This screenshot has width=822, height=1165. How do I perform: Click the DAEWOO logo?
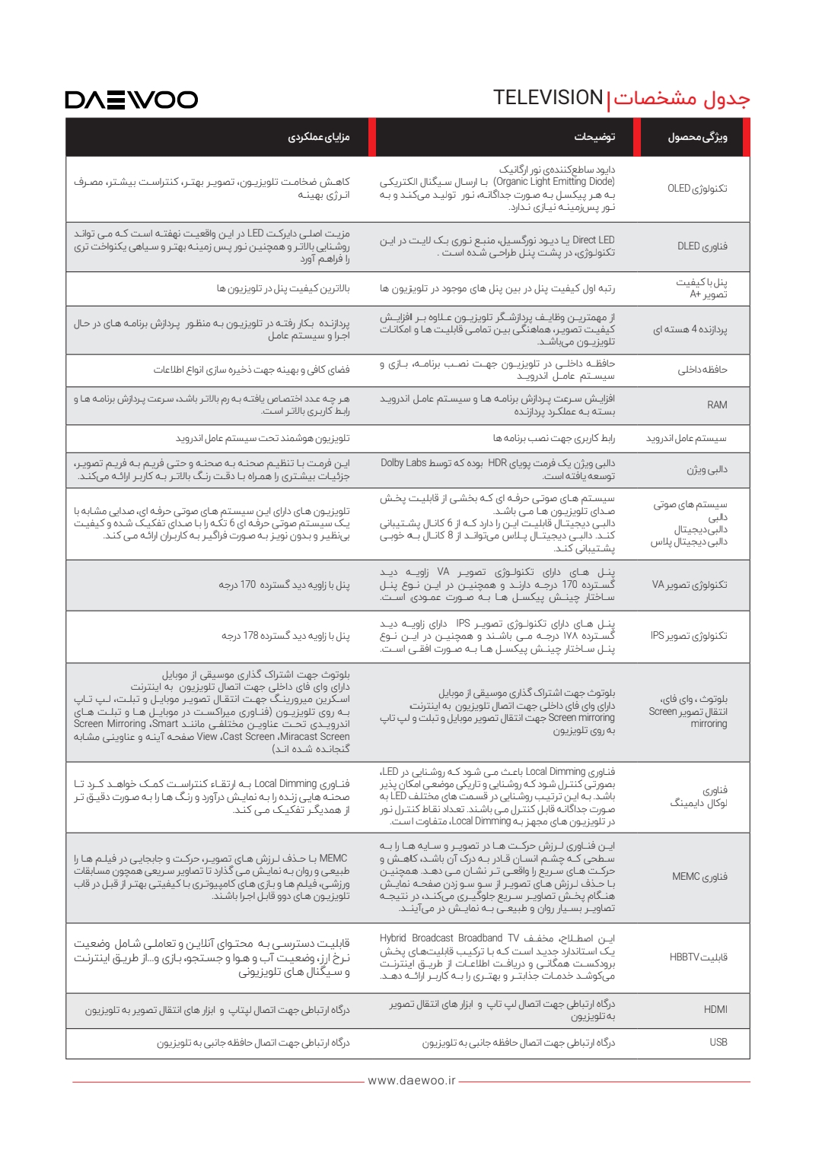coord(131,100)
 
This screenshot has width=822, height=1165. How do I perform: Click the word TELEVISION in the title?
coord(547,98)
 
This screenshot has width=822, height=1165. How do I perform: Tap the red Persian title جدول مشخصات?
coord(681,99)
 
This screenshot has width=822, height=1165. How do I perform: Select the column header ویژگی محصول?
coord(697,138)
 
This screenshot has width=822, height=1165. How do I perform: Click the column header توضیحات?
coord(594,138)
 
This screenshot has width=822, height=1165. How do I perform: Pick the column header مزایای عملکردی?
coord(318,138)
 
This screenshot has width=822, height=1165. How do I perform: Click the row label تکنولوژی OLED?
coord(697,189)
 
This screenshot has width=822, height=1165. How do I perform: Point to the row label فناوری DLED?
coord(702,246)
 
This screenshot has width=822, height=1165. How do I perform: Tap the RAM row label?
coord(717,405)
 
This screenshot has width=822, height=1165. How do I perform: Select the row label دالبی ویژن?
coord(706,470)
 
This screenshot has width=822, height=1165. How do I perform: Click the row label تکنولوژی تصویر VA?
coord(689,585)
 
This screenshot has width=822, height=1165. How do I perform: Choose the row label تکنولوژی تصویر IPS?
coord(688,636)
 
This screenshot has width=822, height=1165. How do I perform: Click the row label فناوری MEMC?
coord(699,877)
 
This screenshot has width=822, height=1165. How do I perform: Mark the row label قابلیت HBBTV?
coord(698,957)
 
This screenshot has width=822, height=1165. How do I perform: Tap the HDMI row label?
coord(715,1010)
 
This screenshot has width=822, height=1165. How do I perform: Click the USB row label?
coord(718,1043)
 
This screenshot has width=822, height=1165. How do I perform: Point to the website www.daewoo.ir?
coord(411,1081)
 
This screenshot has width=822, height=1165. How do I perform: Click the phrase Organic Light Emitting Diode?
coord(554,182)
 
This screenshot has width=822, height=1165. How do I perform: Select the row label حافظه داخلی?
coord(702,370)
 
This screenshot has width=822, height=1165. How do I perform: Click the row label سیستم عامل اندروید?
coord(686,439)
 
